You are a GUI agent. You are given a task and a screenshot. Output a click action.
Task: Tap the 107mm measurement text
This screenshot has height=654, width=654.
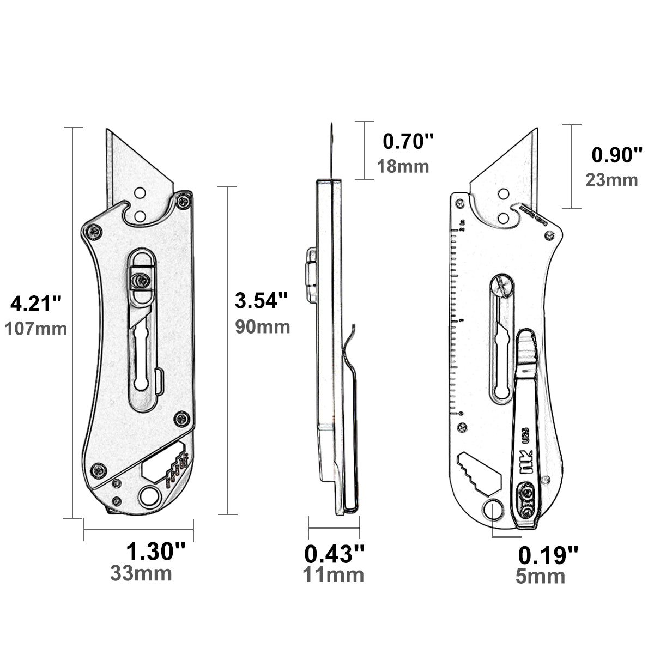[x=36, y=329]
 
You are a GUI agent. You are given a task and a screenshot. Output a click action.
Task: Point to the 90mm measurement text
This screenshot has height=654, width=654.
[x=262, y=326]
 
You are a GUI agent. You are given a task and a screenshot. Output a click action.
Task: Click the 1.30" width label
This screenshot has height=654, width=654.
[x=156, y=551]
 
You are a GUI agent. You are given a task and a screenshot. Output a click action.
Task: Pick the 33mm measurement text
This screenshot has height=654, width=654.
[x=141, y=573]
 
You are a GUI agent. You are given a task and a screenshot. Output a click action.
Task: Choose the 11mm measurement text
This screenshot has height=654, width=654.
[x=334, y=574]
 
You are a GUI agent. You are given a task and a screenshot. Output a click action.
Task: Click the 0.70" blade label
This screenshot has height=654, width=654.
[x=408, y=142]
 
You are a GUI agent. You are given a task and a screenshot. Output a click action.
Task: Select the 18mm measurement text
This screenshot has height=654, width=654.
[x=403, y=166]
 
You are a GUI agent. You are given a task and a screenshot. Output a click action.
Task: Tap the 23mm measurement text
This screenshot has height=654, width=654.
[x=611, y=180]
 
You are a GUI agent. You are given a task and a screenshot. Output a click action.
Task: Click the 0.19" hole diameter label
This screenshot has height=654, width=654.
[x=548, y=555]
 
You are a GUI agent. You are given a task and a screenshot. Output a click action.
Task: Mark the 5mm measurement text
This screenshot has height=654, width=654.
[x=540, y=577]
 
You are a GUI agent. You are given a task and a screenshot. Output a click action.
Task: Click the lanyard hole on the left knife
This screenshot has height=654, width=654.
[x=148, y=497]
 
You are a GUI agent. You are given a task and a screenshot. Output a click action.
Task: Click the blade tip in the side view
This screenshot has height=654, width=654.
[x=331, y=126]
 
